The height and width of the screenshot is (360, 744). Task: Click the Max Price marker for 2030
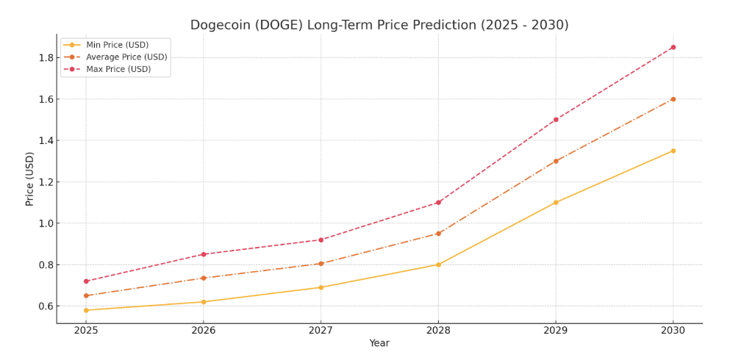(x=673, y=47)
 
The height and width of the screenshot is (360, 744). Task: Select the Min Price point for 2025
(x=86, y=310)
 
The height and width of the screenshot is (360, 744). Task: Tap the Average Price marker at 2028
(x=438, y=234)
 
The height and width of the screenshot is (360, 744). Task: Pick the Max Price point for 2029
(x=556, y=120)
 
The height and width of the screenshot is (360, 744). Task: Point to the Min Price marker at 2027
(x=321, y=287)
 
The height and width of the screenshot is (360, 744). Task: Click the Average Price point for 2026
(x=204, y=278)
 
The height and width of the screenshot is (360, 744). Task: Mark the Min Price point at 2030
(x=673, y=151)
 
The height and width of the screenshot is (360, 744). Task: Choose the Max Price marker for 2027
(x=321, y=240)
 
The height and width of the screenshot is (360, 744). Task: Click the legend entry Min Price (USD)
(x=117, y=45)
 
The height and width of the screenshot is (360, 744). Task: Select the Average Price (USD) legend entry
(x=126, y=57)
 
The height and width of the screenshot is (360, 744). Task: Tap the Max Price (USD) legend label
(x=118, y=69)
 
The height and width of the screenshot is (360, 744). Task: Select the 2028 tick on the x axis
(x=438, y=331)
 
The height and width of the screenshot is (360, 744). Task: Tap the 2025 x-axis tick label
(x=86, y=331)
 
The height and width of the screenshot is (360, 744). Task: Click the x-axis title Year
(x=379, y=343)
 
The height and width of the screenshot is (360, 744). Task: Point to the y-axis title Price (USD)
(x=30, y=179)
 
